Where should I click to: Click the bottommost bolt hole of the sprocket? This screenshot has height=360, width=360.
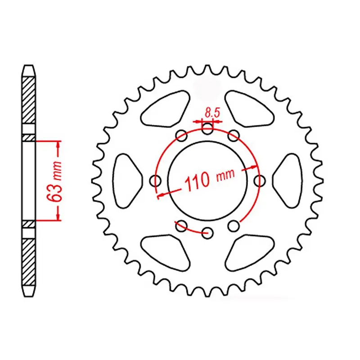(207, 233)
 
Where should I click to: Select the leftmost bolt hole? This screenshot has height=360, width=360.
(156, 181)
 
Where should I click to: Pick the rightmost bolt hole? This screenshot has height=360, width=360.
(259, 181)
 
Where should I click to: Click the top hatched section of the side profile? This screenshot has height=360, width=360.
(28, 99)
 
